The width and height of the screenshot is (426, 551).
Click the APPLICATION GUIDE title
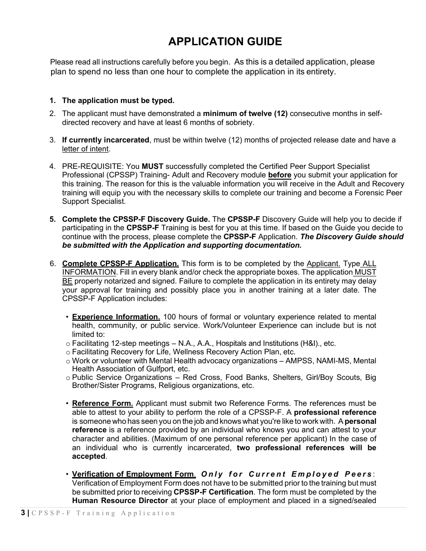click(225, 42)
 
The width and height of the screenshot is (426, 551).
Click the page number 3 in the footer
click(23, 513)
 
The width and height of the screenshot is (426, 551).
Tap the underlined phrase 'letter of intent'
click(85, 149)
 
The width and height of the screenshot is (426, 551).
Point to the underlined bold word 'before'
click(279, 175)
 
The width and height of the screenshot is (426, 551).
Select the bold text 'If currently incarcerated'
click(105, 140)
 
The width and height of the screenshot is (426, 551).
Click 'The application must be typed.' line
click(118, 101)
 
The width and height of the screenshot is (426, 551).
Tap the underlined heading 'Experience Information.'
click(116, 317)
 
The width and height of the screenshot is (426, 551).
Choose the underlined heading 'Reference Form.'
click(103, 404)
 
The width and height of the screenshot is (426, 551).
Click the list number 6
click(52, 263)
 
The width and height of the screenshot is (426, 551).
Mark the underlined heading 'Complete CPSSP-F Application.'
click(121, 263)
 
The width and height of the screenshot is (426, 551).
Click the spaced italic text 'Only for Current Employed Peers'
click(287, 474)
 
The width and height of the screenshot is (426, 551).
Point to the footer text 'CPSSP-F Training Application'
click(104, 513)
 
